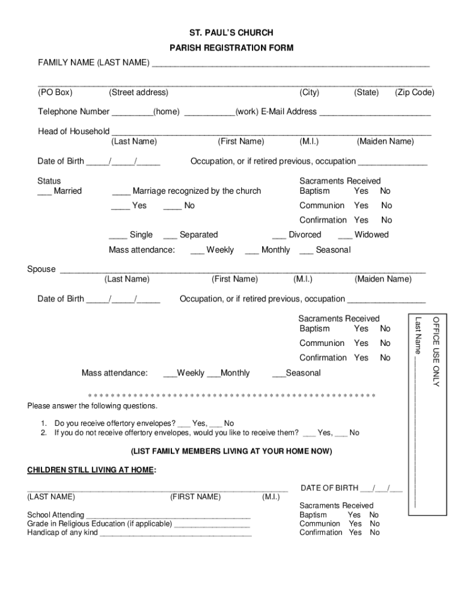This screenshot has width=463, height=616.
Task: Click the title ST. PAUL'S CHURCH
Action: point(231,32)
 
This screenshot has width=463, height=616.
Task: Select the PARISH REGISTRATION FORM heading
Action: point(231,48)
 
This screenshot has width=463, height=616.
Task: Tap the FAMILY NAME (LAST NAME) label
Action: point(94,63)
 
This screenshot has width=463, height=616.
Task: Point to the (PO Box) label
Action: point(55,92)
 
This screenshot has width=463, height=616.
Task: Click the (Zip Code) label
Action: point(414,92)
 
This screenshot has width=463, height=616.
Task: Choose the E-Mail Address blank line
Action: point(375,112)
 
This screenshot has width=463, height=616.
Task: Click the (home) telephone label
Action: point(167,111)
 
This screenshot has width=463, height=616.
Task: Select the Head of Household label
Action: point(73,131)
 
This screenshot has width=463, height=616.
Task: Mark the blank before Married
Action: point(44,192)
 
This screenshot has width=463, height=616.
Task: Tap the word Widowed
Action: point(371,235)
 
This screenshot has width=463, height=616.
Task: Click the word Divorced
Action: point(305,235)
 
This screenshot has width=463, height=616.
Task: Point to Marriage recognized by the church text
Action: point(197,191)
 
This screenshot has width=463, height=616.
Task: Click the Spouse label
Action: point(41,269)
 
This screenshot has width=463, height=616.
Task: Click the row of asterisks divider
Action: point(231,396)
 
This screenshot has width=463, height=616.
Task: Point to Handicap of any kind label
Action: point(62,532)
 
